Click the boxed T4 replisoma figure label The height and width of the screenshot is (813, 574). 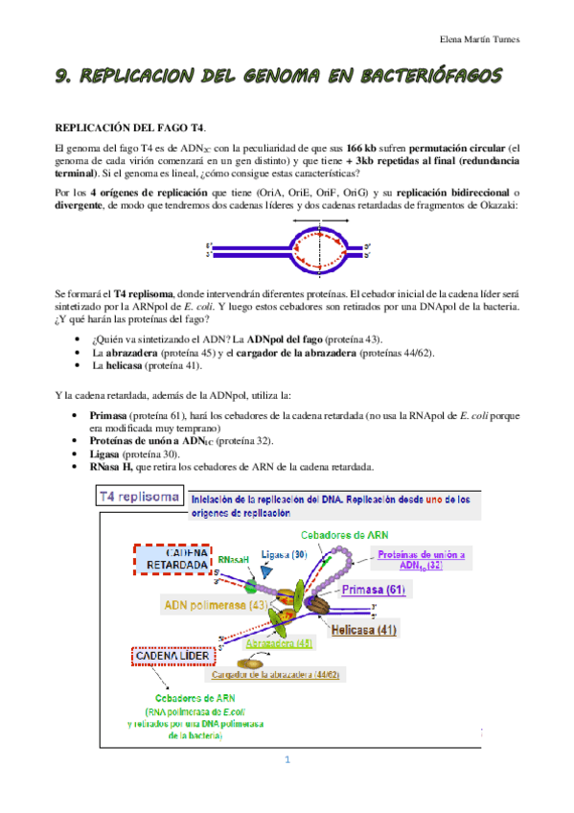pyautogui.click(x=140, y=497)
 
